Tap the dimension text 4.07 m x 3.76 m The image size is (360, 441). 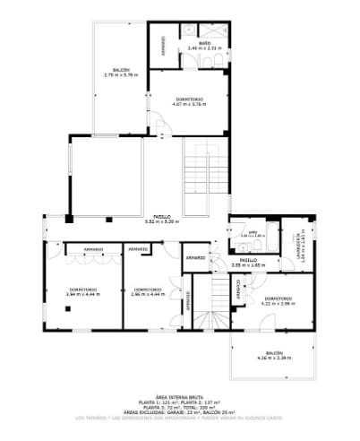point(190,104)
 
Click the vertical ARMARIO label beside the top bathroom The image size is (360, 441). point(163,44)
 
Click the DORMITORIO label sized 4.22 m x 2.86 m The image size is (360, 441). point(277,302)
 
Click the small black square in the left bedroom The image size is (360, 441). point(67,309)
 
